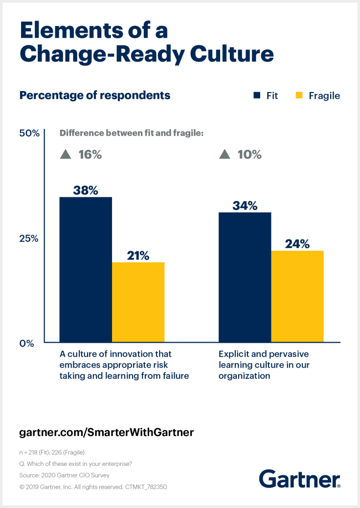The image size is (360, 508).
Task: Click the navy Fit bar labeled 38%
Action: pyautogui.click(x=86, y=269)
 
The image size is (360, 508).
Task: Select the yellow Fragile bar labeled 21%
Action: pyautogui.click(x=138, y=302)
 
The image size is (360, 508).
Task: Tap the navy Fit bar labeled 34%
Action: pyautogui.click(x=245, y=277)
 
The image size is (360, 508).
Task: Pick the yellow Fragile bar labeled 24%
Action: pyautogui.click(x=297, y=296)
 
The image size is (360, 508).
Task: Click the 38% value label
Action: pyautogui.click(x=86, y=190)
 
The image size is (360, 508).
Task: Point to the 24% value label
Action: pyautogui.click(x=297, y=244)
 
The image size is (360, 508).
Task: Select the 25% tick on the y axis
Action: pyautogui.click(x=29, y=238)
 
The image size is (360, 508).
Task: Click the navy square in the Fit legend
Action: pyautogui.click(x=257, y=95)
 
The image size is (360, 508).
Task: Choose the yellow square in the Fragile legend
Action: pyautogui.click(x=299, y=95)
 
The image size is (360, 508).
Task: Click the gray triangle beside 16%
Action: pyautogui.click(x=66, y=155)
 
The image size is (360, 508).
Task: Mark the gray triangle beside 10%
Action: pyautogui.click(x=225, y=155)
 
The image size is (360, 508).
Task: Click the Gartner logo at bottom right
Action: pyautogui.click(x=299, y=478)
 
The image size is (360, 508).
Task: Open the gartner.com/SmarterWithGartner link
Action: pyautogui.click(x=107, y=432)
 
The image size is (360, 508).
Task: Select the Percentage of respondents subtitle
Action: pyautogui.click(x=95, y=95)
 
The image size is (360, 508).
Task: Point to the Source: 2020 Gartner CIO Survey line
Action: pyautogui.click(x=64, y=475)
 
